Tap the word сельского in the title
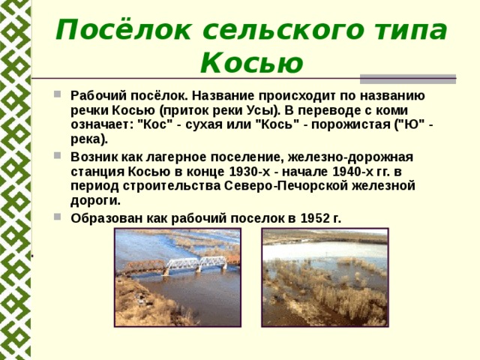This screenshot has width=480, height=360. click(x=283, y=31)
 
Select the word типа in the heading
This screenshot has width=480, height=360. click(x=410, y=31)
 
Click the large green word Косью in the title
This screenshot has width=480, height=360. click(x=252, y=63)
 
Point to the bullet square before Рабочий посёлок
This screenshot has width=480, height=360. click(x=57, y=94)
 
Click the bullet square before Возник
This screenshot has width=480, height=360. click(x=57, y=155)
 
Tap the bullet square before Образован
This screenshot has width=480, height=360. click(x=57, y=217)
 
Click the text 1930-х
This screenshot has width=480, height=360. click(x=250, y=172)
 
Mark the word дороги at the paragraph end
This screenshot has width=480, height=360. click(x=95, y=201)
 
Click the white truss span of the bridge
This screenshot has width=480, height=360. click(x=197, y=263)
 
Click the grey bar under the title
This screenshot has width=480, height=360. click(x=408, y=79)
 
